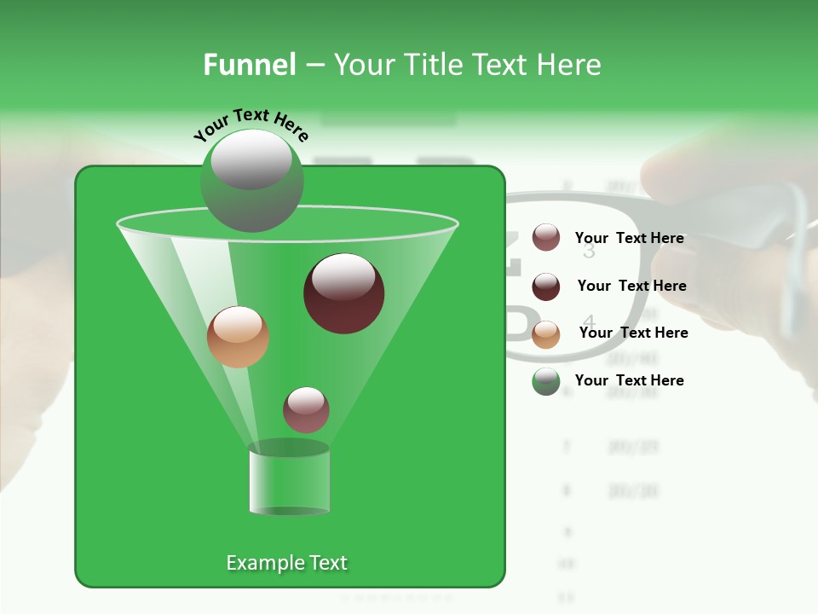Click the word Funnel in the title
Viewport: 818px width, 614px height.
point(249,65)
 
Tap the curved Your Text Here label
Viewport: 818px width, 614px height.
point(251,125)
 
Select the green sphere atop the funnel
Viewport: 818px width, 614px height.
point(251,180)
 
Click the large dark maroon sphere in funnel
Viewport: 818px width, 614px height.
point(343,293)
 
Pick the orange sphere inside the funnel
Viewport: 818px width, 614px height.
point(238,337)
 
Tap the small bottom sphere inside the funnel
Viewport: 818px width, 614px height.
point(306,409)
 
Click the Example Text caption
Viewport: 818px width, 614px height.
point(286,563)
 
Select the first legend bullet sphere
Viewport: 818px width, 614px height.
point(546,238)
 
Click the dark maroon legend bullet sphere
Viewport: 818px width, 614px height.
point(546,287)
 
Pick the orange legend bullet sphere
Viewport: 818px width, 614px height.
point(546,333)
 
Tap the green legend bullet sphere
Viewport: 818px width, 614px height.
point(546,381)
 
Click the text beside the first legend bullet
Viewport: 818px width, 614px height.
point(629,238)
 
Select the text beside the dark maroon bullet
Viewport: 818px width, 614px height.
point(631,286)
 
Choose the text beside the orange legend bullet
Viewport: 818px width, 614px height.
point(633,333)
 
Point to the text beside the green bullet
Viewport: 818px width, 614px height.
point(629,380)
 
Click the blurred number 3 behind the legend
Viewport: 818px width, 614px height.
point(589,252)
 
